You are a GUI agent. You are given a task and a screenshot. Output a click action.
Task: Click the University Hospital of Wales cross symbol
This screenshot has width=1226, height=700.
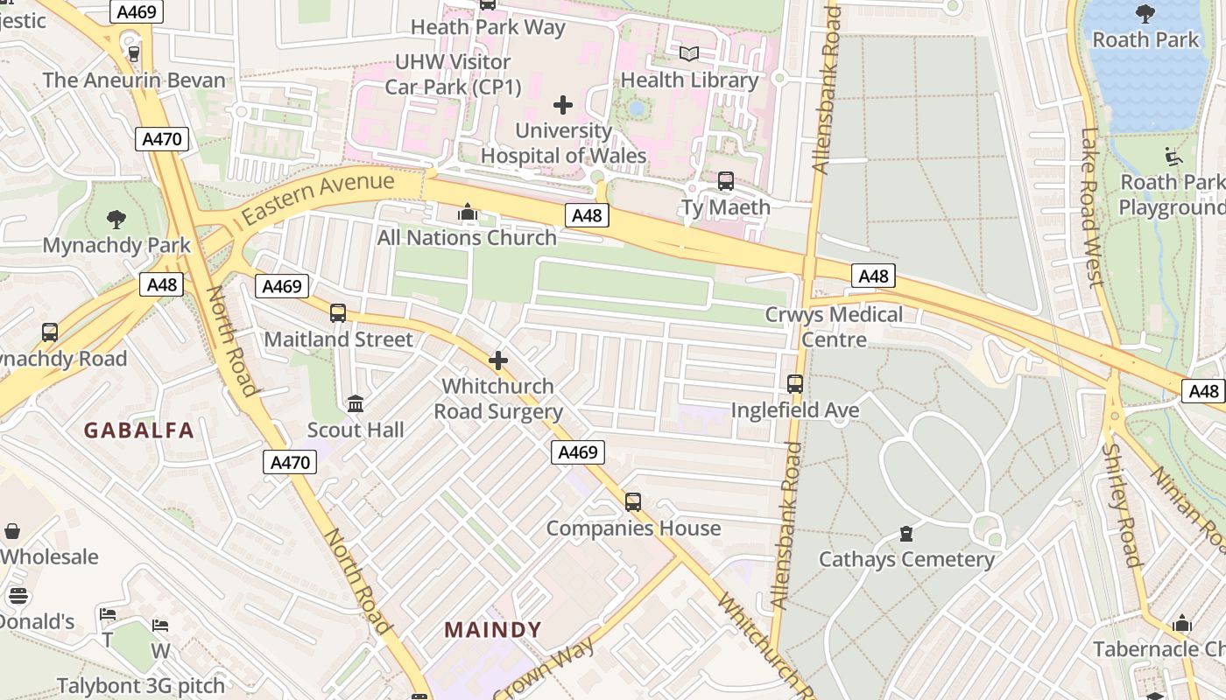(x=563, y=106)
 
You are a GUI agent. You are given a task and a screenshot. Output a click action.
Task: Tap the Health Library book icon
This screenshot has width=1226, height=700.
(x=689, y=54)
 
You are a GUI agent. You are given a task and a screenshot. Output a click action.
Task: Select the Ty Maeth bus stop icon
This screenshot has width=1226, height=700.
(x=726, y=181)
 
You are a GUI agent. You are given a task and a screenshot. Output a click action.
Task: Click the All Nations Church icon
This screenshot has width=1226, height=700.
(x=467, y=213)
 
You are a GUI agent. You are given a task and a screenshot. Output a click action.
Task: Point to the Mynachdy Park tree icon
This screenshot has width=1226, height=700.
(x=116, y=219)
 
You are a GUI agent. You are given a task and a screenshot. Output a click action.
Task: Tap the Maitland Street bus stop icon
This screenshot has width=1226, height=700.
(x=338, y=312)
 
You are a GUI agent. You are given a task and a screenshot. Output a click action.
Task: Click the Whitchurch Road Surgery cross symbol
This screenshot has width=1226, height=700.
(x=498, y=360)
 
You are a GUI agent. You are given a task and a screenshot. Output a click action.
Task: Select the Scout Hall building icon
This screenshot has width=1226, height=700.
(x=356, y=403)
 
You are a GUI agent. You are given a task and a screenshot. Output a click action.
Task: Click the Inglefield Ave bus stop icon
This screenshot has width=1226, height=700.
(x=795, y=384)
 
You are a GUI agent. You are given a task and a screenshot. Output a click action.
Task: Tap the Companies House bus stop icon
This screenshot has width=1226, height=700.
(x=633, y=502)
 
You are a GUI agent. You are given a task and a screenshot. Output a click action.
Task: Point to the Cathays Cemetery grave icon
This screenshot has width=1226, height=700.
(x=906, y=533)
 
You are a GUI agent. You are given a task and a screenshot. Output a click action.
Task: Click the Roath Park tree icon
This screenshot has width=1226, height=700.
(x=1145, y=13)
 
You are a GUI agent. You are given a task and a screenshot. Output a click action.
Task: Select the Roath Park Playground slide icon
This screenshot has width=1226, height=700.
(x=1173, y=157)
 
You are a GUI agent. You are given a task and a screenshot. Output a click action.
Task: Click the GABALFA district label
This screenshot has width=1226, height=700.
(x=138, y=430)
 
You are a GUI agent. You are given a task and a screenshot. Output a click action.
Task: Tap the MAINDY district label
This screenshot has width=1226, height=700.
(x=493, y=630)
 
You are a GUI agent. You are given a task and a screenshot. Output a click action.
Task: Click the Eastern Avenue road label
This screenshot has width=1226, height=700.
(x=319, y=197)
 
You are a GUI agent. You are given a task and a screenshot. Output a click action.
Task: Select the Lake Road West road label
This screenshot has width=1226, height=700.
(x=1091, y=208)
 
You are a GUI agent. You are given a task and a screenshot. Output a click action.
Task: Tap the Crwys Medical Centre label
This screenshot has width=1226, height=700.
(x=834, y=326)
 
